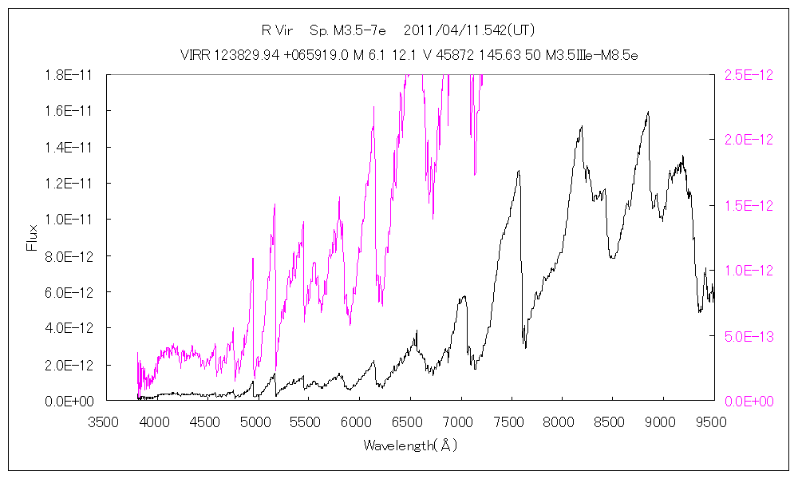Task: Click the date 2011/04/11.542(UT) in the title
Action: (x=470, y=31)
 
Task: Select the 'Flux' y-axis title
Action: (x=33, y=237)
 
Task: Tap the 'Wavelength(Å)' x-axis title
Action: (x=410, y=445)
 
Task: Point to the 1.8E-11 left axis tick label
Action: (x=69, y=74)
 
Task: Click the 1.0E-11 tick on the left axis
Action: (x=69, y=220)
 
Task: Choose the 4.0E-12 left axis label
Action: (x=69, y=328)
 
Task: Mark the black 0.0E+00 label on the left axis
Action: (x=69, y=401)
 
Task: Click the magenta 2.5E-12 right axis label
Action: (x=749, y=74)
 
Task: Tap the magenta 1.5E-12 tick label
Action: (x=749, y=205)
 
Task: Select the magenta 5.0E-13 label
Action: (x=749, y=335)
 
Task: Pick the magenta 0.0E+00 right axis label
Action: (x=749, y=401)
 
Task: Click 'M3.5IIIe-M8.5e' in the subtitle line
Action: (x=592, y=55)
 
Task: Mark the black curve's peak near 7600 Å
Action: (x=519, y=170)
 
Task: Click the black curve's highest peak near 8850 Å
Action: (x=648, y=113)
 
